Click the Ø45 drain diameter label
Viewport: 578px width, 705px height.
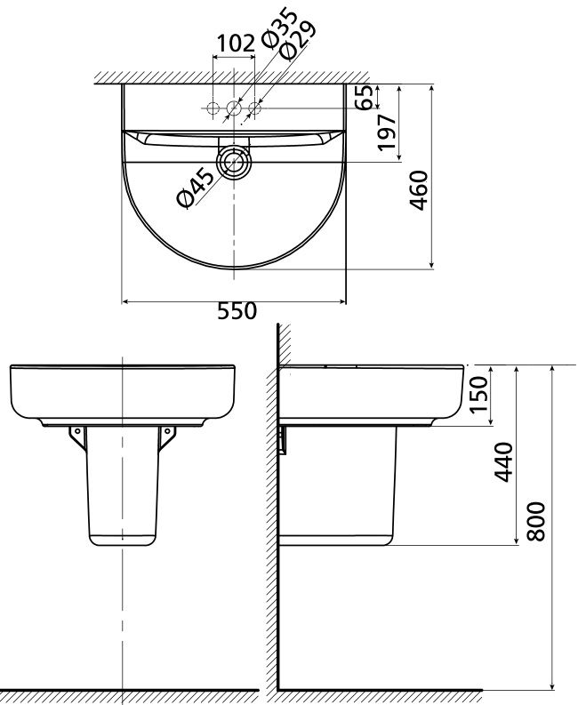coord(196,187)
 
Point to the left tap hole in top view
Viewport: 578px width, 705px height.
coord(213,108)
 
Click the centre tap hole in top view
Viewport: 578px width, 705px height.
coord(235,108)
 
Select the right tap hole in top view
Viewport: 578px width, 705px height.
coord(254,108)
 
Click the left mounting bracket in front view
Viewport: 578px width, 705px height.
coord(77,435)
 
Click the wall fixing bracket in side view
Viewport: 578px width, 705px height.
coord(283,439)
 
